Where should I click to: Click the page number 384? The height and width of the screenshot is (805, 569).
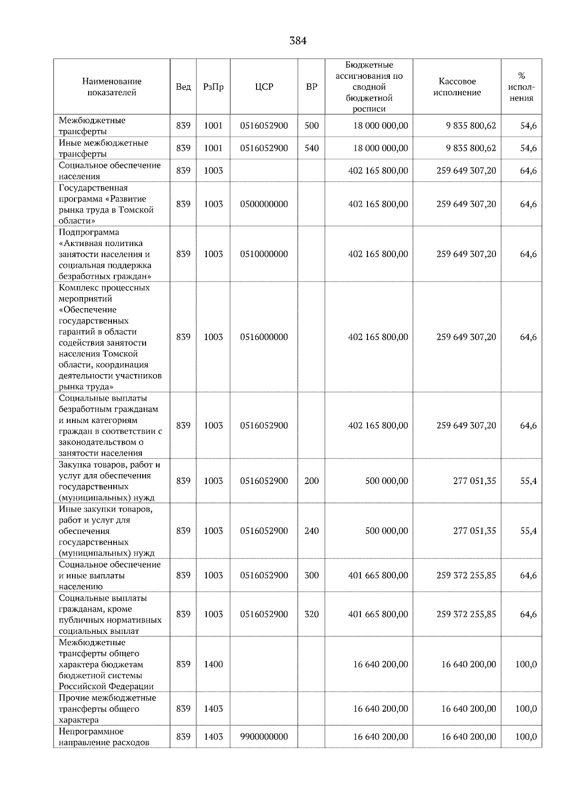tap(298, 41)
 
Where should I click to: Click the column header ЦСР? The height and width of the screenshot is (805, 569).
tap(264, 87)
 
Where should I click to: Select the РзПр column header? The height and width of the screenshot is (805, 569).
tap(213, 87)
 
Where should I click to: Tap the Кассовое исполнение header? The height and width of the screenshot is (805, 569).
tap(457, 87)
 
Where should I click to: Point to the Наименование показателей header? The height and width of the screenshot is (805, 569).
tap(111, 87)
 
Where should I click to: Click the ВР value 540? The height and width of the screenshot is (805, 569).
tap(312, 148)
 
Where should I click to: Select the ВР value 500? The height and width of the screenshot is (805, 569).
tap(312, 126)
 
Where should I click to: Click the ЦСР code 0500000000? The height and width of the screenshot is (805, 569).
tap(264, 204)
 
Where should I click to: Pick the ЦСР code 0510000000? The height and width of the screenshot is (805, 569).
tap(264, 254)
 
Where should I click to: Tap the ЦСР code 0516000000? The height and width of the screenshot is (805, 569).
tap(264, 337)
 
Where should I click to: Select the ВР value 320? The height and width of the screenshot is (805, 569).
tap(312, 614)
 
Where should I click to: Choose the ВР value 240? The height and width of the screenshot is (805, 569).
tap(312, 531)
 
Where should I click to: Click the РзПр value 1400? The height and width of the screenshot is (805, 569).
tap(213, 664)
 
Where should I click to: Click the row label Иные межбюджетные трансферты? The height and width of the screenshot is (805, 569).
tap(103, 148)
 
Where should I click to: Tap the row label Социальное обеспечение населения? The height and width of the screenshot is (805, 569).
tap(110, 171)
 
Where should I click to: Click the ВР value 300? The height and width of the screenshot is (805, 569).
tap(312, 575)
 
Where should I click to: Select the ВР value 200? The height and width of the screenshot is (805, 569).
tap(312, 481)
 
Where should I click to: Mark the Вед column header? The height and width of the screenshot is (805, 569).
tap(183, 87)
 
